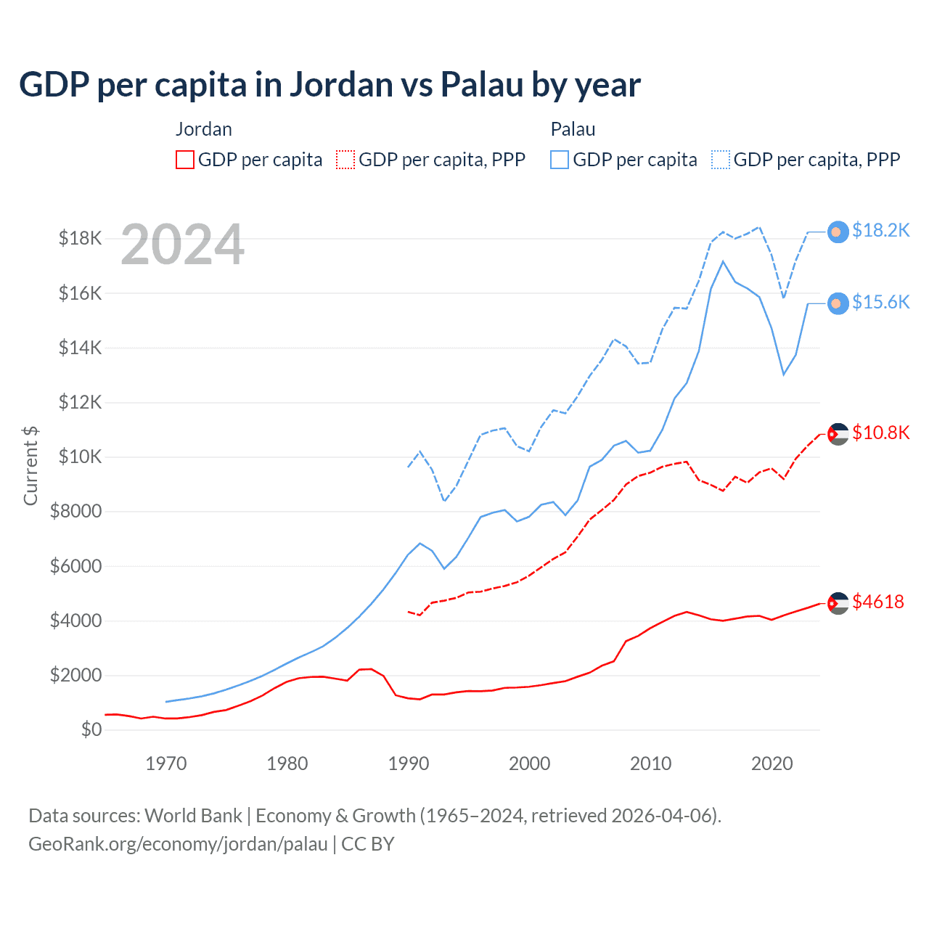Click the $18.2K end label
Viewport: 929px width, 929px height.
(880, 231)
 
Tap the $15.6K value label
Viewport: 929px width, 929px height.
(880, 303)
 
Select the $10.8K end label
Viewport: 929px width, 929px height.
(880, 433)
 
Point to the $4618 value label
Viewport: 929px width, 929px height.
(878, 602)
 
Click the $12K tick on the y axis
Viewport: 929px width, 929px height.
(80, 402)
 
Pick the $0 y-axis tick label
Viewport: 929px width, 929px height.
(91, 729)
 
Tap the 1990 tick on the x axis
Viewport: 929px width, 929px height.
(409, 764)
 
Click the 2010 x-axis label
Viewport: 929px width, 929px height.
(651, 764)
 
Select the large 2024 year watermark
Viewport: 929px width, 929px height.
(183, 245)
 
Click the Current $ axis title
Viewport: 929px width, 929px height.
(30, 466)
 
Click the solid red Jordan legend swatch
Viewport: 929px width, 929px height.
(185, 160)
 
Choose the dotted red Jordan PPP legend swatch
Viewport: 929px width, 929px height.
(345, 160)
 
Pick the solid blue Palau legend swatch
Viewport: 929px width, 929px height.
(560, 160)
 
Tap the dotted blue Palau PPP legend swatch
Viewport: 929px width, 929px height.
(721, 160)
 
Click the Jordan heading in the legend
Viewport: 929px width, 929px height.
(204, 129)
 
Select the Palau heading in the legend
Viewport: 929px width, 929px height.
(573, 129)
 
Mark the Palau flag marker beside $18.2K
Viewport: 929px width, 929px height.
(838, 232)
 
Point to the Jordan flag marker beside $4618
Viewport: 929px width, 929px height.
(838, 603)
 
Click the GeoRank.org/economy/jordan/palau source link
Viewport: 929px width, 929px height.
(178, 844)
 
